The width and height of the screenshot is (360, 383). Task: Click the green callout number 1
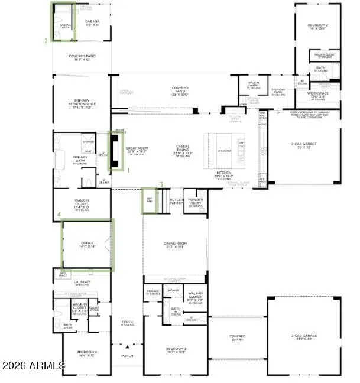(x=130, y=170)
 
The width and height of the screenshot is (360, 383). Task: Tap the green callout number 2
(x=46, y=41)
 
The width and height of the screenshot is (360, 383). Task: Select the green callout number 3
(x=161, y=184)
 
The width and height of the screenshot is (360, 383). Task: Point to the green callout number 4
(x=59, y=214)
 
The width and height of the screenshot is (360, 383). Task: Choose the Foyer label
(x=127, y=322)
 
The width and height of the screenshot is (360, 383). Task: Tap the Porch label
(x=127, y=356)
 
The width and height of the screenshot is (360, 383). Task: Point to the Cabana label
(x=92, y=22)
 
